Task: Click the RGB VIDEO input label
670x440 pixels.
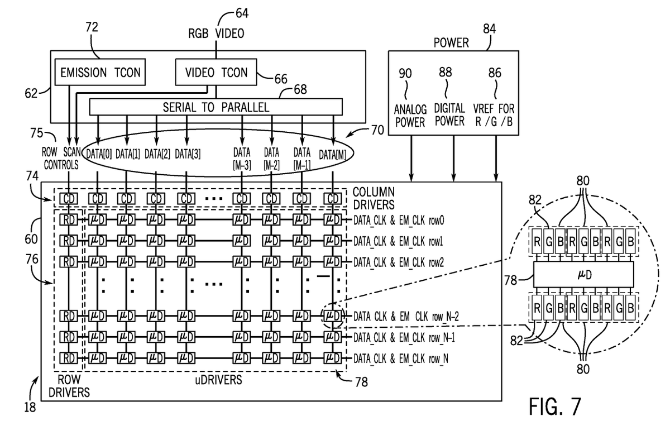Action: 216,33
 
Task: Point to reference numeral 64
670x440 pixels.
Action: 242,13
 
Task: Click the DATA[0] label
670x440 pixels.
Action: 99,154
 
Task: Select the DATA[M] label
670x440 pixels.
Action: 332,155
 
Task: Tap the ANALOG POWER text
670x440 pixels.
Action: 410,116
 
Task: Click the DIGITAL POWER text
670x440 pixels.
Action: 449,115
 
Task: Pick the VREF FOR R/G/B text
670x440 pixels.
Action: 494,115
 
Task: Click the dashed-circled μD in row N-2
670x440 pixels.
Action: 333,316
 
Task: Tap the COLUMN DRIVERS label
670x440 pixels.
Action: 374,198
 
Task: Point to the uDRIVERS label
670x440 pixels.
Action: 218,380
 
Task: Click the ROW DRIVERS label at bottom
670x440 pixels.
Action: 69,386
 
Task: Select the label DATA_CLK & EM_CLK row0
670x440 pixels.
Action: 399,221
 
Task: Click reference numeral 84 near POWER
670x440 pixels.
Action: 490,28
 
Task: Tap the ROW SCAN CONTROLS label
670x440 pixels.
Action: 61,158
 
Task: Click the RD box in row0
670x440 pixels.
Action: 69,220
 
